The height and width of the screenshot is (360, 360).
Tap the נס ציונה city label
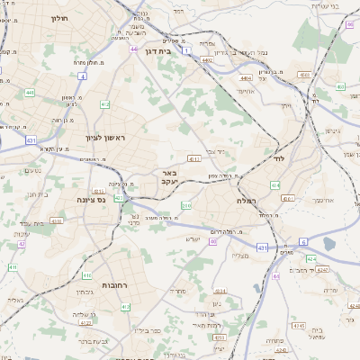point(91,199)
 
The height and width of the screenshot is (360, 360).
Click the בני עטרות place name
point(325,5)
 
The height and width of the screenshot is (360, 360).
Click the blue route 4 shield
point(82,76)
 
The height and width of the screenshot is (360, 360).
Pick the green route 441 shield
point(29,93)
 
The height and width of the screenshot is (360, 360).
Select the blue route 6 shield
point(303,241)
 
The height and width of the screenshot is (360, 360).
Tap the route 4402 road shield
point(208,60)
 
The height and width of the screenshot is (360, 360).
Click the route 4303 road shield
point(56,220)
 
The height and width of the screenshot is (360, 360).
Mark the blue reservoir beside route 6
point(328,244)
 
